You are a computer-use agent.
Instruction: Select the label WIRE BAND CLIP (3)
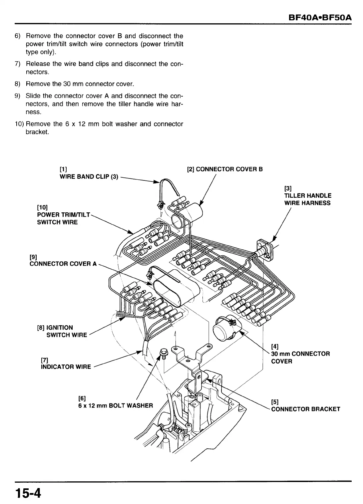(x=89, y=177)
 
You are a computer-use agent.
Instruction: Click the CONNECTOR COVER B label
(x=229, y=169)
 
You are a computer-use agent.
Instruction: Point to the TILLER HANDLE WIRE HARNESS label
(x=307, y=199)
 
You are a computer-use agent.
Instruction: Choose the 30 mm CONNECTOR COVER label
(x=300, y=358)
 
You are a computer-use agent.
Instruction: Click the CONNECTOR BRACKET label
(x=305, y=409)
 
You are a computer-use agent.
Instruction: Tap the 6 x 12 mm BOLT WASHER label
(x=115, y=405)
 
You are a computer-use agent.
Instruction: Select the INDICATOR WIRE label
(x=66, y=367)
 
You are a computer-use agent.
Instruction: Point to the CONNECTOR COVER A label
(x=63, y=264)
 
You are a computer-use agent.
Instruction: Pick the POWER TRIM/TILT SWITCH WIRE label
(x=63, y=218)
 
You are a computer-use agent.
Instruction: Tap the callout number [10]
(x=42, y=208)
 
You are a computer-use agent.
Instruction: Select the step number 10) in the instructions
(x=19, y=124)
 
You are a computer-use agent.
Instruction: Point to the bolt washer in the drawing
(x=164, y=352)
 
